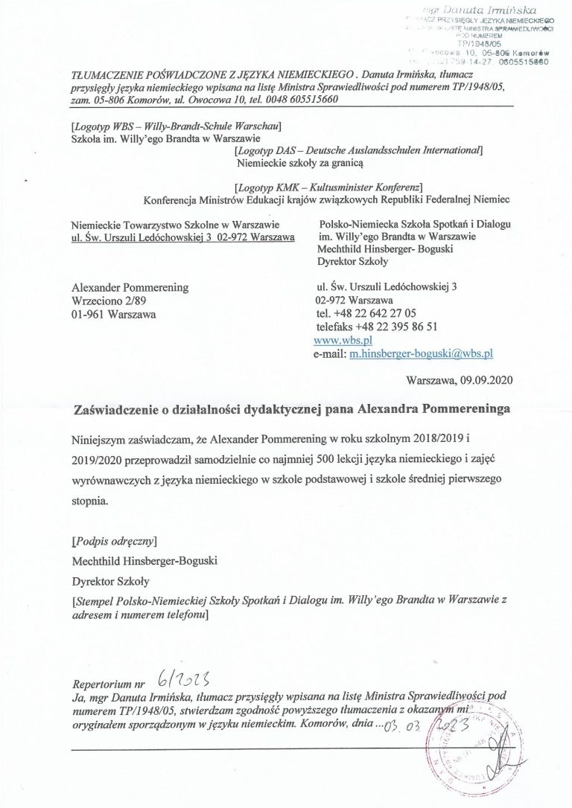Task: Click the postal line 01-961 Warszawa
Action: (109, 313)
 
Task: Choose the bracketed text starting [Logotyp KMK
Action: (328, 186)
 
